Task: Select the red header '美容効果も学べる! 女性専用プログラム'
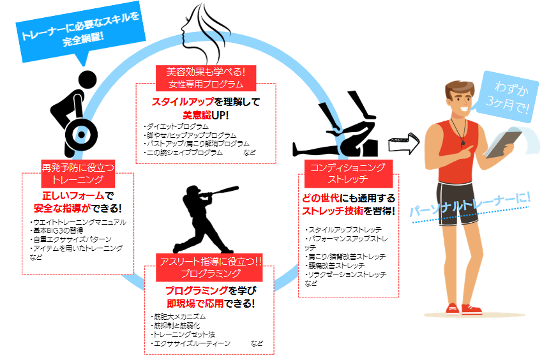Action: point(205,77)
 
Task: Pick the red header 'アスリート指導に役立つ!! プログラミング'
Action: point(210,266)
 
